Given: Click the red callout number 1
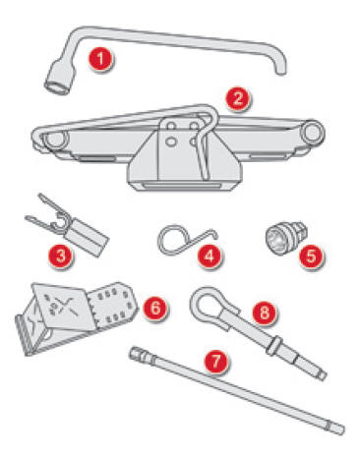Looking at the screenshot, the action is pyautogui.click(x=100, y=59).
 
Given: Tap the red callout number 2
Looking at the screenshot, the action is pyautogui.click(x=238, y=98).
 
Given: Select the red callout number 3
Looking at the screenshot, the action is pyautogui.click(x=61, y=256).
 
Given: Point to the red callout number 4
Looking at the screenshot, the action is pyautogui.click(x=210, y=256).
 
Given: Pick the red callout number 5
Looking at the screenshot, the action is pyautogui.click(x=311, y=256).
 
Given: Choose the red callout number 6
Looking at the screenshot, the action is pyautogui.click(x=155, y=308).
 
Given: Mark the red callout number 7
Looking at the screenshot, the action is pyautogui.click(x=216, y=362).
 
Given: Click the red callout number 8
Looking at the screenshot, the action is pyautogui.click(x=265, y=313).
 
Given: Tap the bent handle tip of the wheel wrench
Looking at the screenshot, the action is pyautogui.click(x=280, y=70).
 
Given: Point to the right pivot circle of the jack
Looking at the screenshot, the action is pyautogui.click(x=313, y=132).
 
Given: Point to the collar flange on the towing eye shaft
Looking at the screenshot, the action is pyautogui.click(x=273, y=346).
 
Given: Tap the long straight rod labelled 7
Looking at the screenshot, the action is pyautogui.click(x=237, y=391).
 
